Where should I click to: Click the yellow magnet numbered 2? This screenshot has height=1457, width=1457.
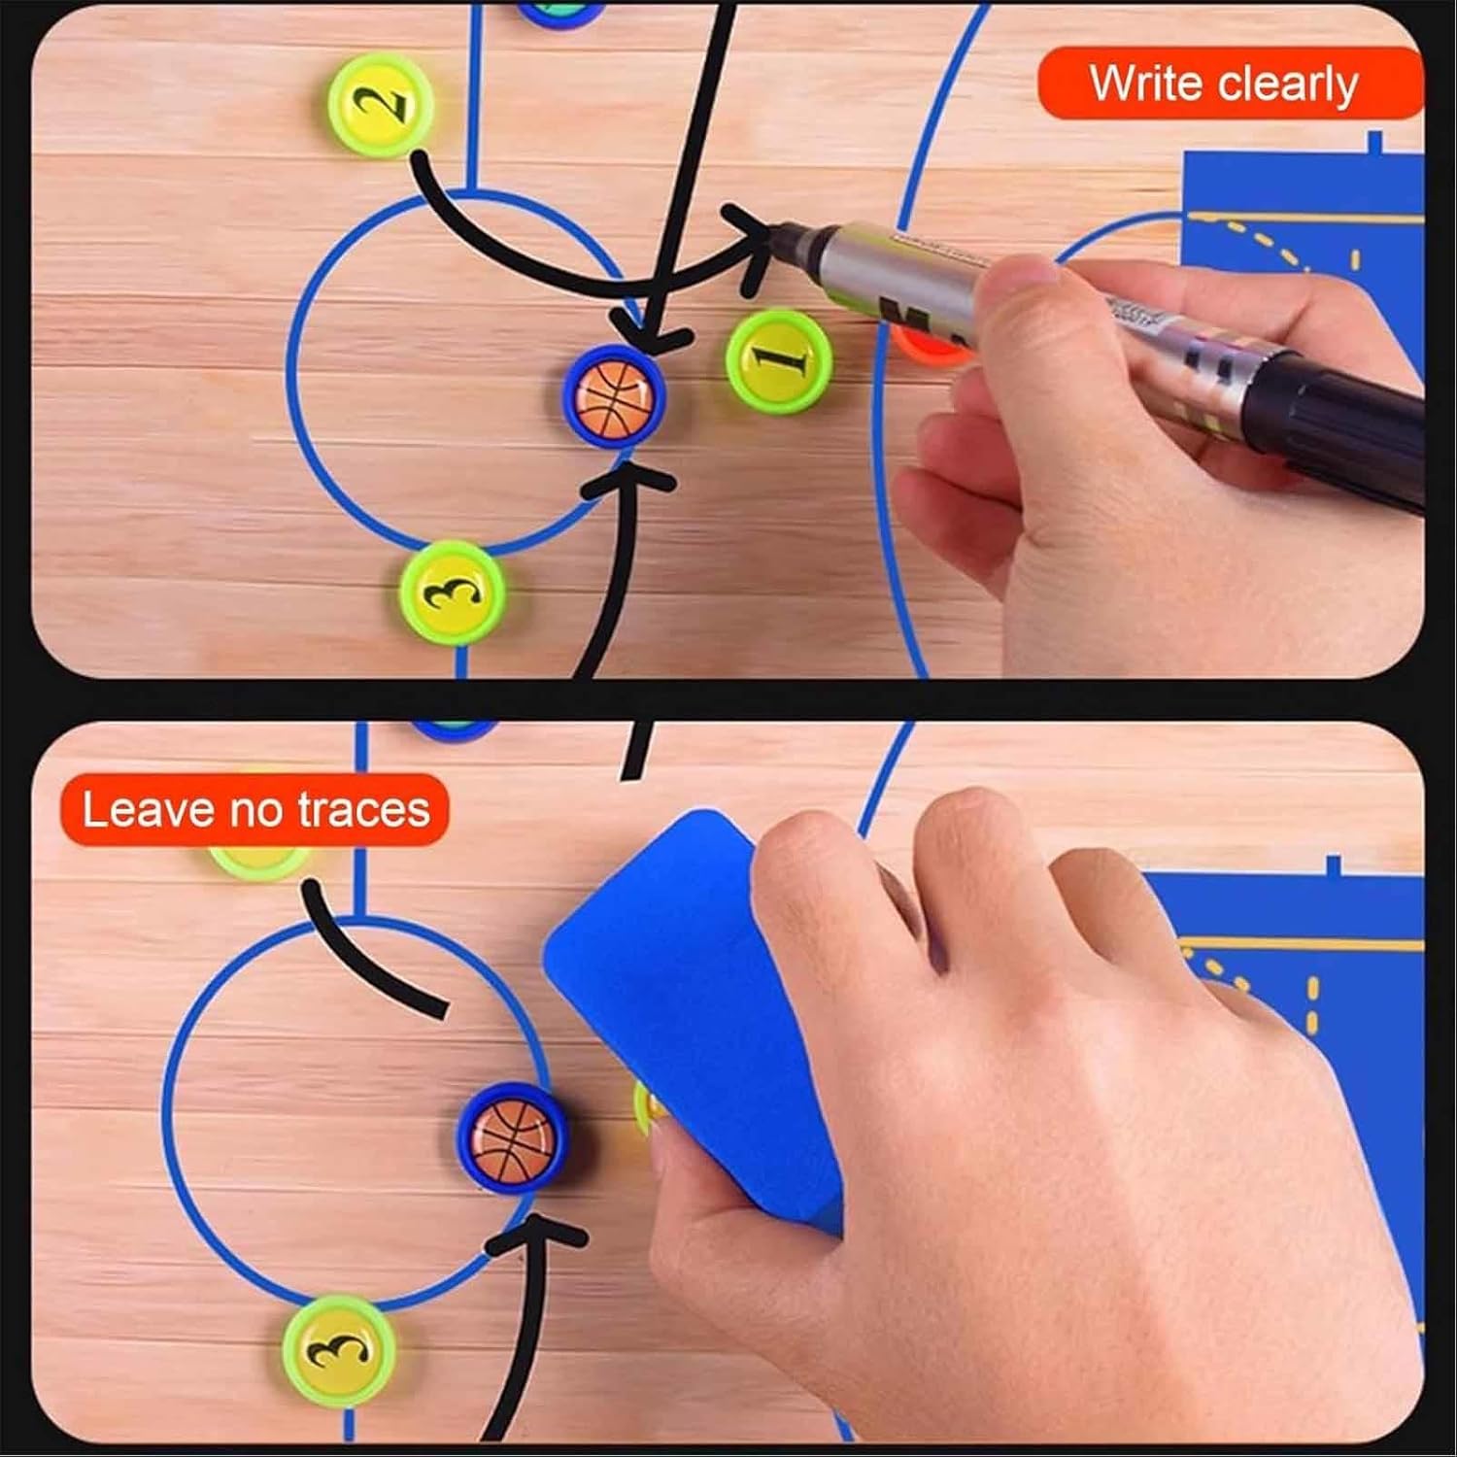(x=379, y=105)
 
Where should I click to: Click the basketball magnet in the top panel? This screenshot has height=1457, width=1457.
(x=614, y=395)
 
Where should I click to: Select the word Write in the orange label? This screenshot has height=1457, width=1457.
(x=1144, y=84)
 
